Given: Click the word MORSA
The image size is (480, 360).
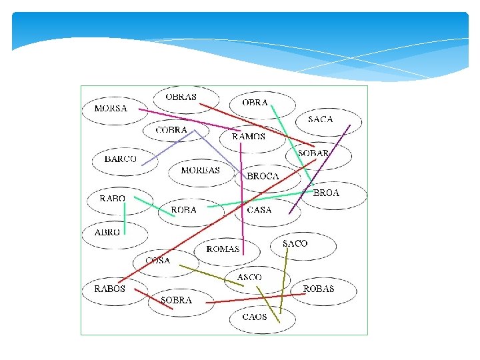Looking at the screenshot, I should click(x=111, y=109).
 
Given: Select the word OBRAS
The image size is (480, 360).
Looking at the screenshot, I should click(x=181, y=97).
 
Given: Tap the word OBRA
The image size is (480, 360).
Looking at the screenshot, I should click(x=255, y=103).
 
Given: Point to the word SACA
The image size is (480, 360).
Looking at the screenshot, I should click(x=320, y=119).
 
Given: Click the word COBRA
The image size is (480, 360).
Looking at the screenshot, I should click(x=171, y=130).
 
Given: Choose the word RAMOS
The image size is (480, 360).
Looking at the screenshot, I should click(x=249, y=137).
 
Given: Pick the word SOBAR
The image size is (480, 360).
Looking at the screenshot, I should click(x=313, y=153).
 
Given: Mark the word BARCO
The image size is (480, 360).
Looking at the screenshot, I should click(x=121, y=159).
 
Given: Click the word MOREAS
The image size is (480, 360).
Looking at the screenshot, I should click(x=201, y=171).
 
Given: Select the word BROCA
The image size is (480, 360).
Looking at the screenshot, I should click(x=263, y=177).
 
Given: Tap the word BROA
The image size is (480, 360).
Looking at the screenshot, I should click(x=326, y=193).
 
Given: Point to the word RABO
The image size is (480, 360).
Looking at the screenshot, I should click(x=112, y=199).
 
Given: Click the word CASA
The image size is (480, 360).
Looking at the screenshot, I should click(x=259, y=210).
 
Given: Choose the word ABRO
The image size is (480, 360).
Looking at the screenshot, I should click(x=107, y=233).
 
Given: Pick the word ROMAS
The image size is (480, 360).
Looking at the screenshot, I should click(x=223, y=249).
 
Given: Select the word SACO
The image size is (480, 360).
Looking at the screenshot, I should click(x=295, y=244).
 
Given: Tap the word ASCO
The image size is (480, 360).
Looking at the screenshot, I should click(x=249, y=277).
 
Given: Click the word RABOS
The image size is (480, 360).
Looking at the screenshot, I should click(x=109, y=289).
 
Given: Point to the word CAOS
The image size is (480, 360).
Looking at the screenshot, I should click(x=254, y=317).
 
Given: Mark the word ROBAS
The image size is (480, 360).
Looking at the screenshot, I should click(x=319, y=289).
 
